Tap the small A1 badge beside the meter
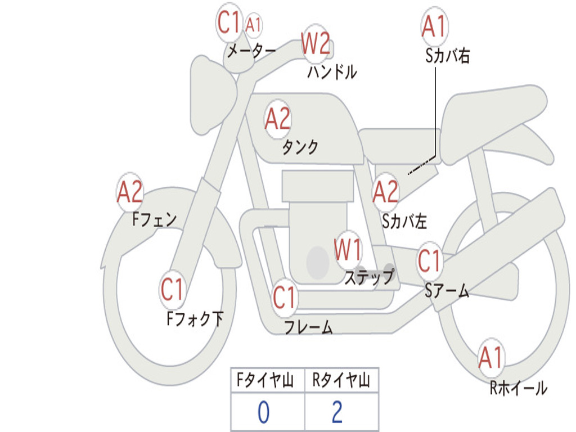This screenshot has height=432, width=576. click(x=254, y=25)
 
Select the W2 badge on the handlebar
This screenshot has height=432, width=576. click(x=315, y=43)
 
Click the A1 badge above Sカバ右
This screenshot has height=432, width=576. click(x=434, y=26)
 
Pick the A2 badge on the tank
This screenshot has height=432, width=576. click(x=278, y=119)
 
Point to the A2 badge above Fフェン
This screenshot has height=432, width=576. click(x=130, y=192)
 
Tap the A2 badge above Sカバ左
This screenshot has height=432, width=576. click(x=386, y=192)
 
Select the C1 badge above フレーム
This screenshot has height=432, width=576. click(x=284, y=297)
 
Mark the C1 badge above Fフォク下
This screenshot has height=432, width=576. click(x=172, y=290)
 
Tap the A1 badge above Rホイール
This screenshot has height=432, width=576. click(x=490, y=357)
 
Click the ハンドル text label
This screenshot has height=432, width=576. click(x=332, y=72)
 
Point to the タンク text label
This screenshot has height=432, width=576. click(x=300, y=147)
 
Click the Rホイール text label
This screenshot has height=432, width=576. click(x=518, y=388)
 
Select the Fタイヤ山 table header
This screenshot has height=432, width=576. click(x=267, y=381)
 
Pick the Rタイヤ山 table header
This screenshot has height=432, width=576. click(x=341, y=381)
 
